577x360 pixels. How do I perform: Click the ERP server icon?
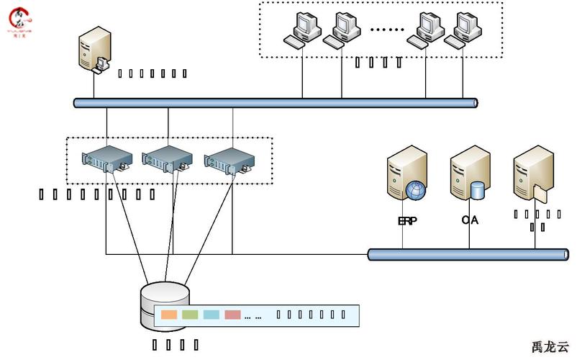click(x=405, y=173)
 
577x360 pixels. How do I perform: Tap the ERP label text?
click(x=407, y=221)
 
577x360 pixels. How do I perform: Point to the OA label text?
click(x=470, y=220)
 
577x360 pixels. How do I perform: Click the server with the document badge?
click(x=533, y=174)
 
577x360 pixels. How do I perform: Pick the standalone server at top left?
click(x=94, y=49)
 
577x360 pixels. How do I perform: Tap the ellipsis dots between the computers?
click(x=387, y=30)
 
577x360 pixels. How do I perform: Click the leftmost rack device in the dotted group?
click(x=107, y=158)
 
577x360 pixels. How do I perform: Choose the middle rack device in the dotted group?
click(x=168, y=158)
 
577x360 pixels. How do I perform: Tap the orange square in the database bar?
click(x=169, y=315)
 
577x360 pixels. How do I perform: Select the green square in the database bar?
click(x=190, y=315)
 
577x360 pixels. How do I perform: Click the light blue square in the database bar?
click(x=211, y=315)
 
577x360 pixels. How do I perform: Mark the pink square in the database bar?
click(x=232, y=315)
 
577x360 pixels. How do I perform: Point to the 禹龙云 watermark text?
click(x=550, y=346)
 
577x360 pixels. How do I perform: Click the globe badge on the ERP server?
click(x=415, y=191)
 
